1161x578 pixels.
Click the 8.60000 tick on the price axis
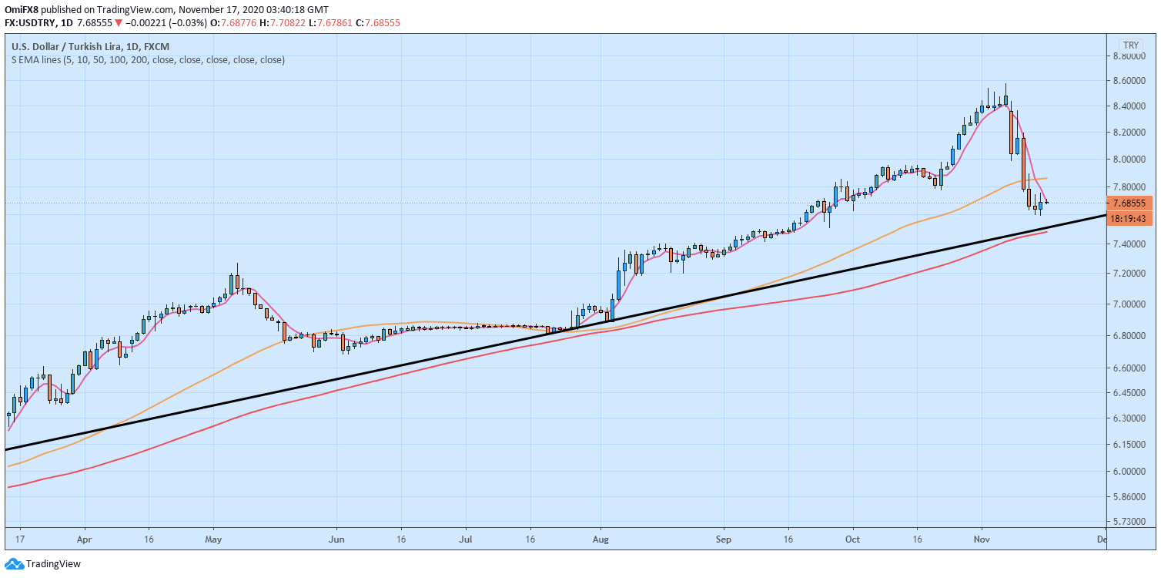[1132, 81]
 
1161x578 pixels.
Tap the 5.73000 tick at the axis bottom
[1132, 522]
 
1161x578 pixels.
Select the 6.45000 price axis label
[1132, 393]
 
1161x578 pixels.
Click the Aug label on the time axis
[602, 540]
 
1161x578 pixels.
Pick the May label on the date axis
[213, 540]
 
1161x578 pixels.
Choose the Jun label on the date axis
[336, 540]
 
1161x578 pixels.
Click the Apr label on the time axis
[85, 540]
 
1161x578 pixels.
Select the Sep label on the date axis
[722, 540]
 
